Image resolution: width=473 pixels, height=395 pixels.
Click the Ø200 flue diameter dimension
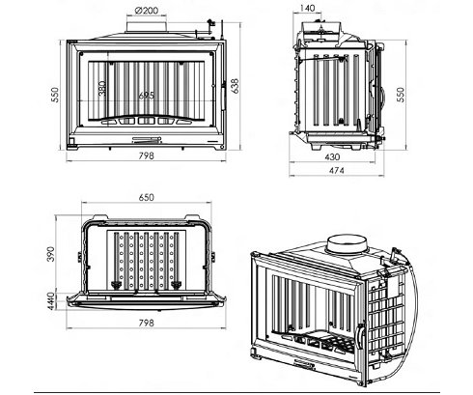(147, 11)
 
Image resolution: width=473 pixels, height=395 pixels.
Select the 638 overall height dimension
(236, 86)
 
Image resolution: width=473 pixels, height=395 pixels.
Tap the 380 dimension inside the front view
(102, 89)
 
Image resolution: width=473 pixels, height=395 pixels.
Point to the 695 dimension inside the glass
(147, 96)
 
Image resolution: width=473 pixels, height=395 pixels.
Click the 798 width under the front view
(147, 156)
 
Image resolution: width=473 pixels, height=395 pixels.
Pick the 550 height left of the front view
(55, 95)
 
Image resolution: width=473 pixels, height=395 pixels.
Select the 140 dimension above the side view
(307, 8)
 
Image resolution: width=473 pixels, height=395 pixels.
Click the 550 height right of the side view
(401, 95)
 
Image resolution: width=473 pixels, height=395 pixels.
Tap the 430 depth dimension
(332, 157)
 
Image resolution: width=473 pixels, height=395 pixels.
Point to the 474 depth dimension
(336, 171)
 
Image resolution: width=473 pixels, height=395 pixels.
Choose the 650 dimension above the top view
(147, 197)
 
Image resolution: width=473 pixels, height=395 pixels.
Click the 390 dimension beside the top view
(51, 254)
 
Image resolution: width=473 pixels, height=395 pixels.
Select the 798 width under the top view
(147, 323)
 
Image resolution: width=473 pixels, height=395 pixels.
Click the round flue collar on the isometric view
(347, 244)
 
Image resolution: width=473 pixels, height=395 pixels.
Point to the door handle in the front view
(223, 98)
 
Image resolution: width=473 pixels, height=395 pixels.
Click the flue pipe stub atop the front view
(147, 27)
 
